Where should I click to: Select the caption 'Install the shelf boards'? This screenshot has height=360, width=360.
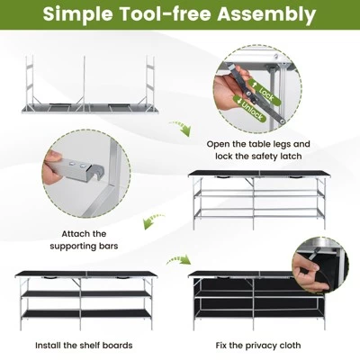click(84, 345)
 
